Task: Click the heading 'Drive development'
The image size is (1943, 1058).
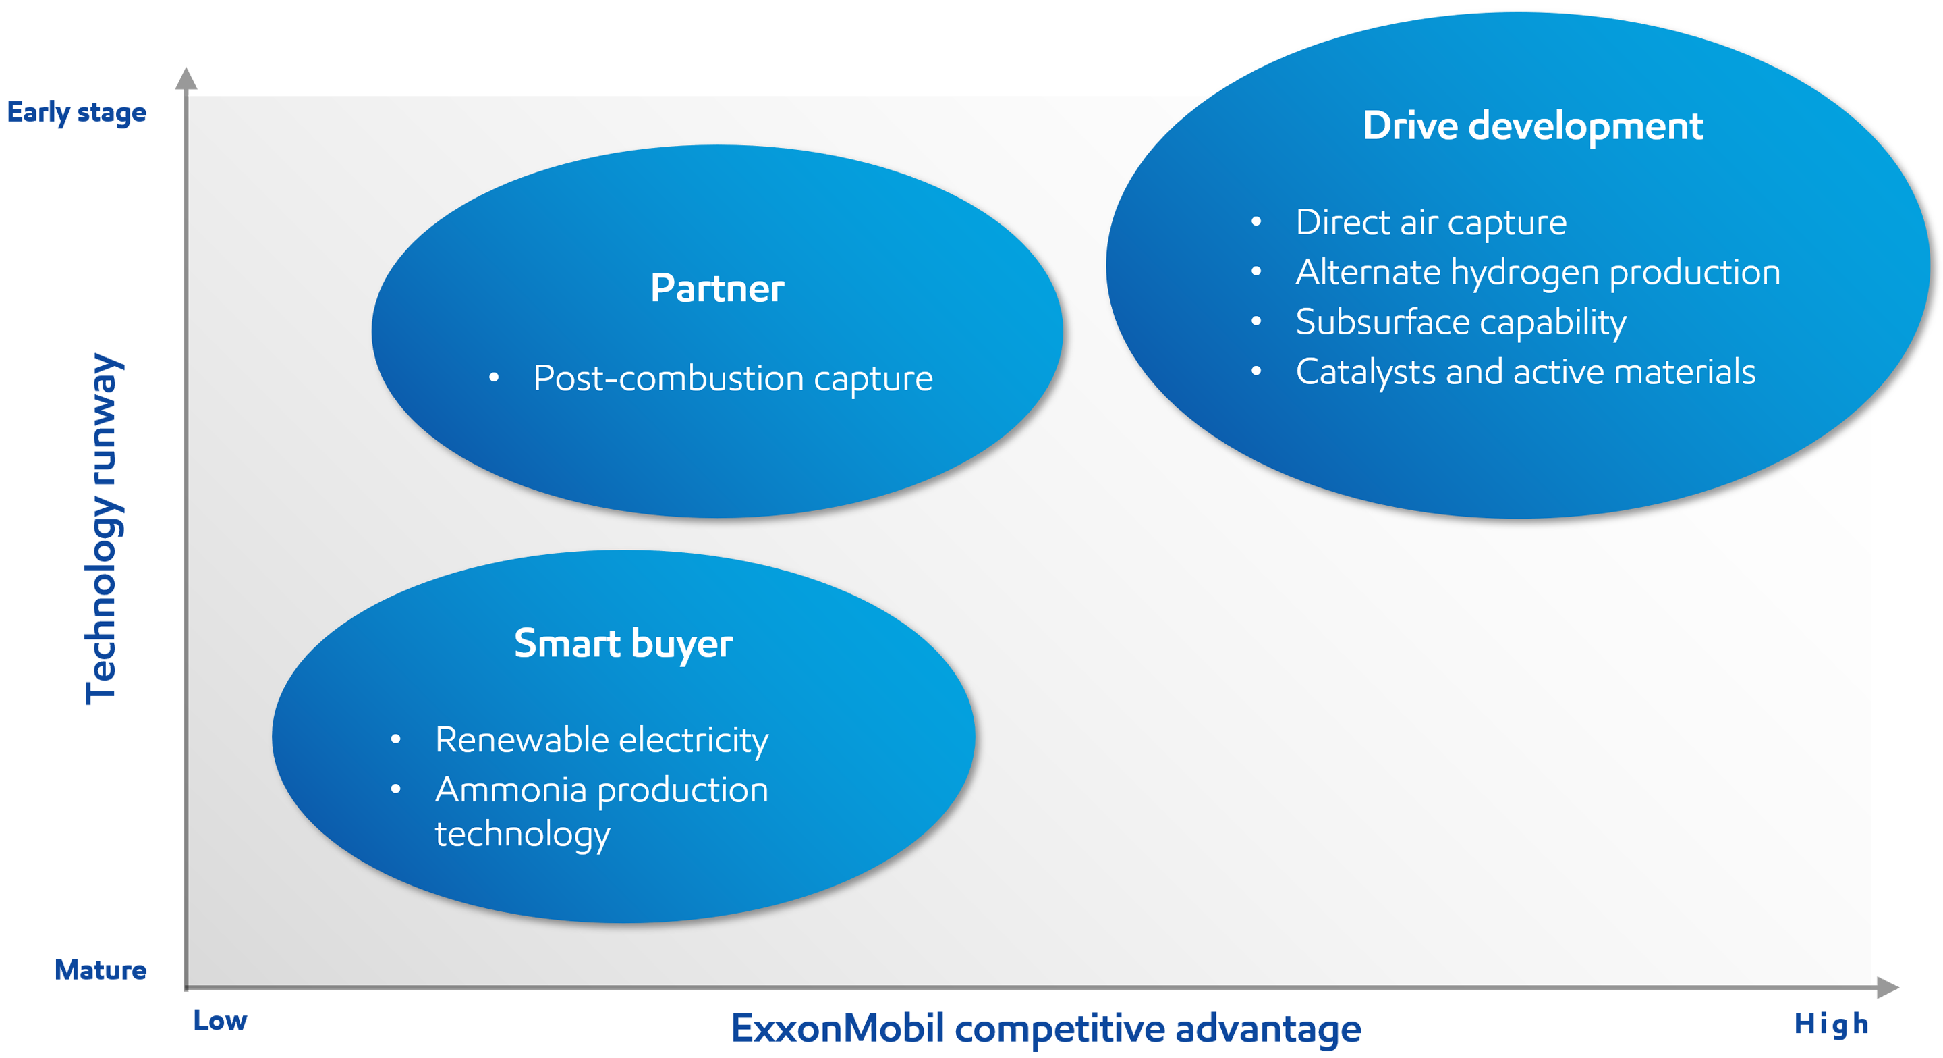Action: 1532,126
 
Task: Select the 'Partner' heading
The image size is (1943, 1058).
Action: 717,288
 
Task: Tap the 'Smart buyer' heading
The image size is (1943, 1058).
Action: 623,643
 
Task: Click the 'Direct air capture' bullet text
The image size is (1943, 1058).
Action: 1431,223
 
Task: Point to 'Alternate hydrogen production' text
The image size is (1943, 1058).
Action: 1538,272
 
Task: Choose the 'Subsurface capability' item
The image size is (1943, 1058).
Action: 1460,322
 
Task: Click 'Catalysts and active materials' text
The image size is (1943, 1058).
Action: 1525,372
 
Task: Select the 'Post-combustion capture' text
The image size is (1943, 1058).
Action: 733,378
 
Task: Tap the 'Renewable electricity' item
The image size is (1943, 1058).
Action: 601,740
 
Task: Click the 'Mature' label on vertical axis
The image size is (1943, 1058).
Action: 102,970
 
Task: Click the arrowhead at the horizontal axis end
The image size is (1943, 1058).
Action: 1886,986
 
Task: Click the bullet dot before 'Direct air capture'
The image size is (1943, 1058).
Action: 1256,222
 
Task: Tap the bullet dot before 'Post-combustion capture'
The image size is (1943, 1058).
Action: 493,377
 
